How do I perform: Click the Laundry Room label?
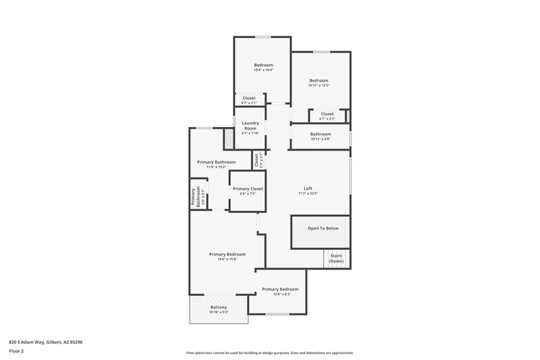pyautogui.click(x=250, y=125)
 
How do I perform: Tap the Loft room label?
pyautogui.click(x=308, y=188)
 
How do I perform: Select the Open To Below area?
pyautogui.click(x=323, y=228)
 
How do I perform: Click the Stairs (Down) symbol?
pyautogui.click(x=336, y=259)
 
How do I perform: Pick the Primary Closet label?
pyautogui.click(x=248, y=188)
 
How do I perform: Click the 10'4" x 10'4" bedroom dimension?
pyautogui.click(x=263, y=70)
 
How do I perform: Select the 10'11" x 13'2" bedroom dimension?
pyautogui.click(x=319, y=85)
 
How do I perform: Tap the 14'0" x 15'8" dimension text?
pyautogui.click(x=227, y=259)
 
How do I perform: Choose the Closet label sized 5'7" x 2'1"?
pyautogui.click(x=249, y=98)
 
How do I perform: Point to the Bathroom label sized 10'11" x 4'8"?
pyautogui.click(x=321, y=134)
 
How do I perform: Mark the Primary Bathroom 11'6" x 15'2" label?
pyautogui.click(x=216, y=162)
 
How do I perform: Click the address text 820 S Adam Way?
pyautogui.click(x=46, y=342)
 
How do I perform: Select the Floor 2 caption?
pyautogui.click(x=16, y=351)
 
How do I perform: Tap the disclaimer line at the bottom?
pyautogui.click(x=269, y=353)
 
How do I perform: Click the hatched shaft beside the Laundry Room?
pyautogui.click(x=229, y=138)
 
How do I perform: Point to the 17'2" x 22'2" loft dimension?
pyautogui.click(x=308, y=194)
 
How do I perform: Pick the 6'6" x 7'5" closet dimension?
pyautogui.click(x=248, y=194)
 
